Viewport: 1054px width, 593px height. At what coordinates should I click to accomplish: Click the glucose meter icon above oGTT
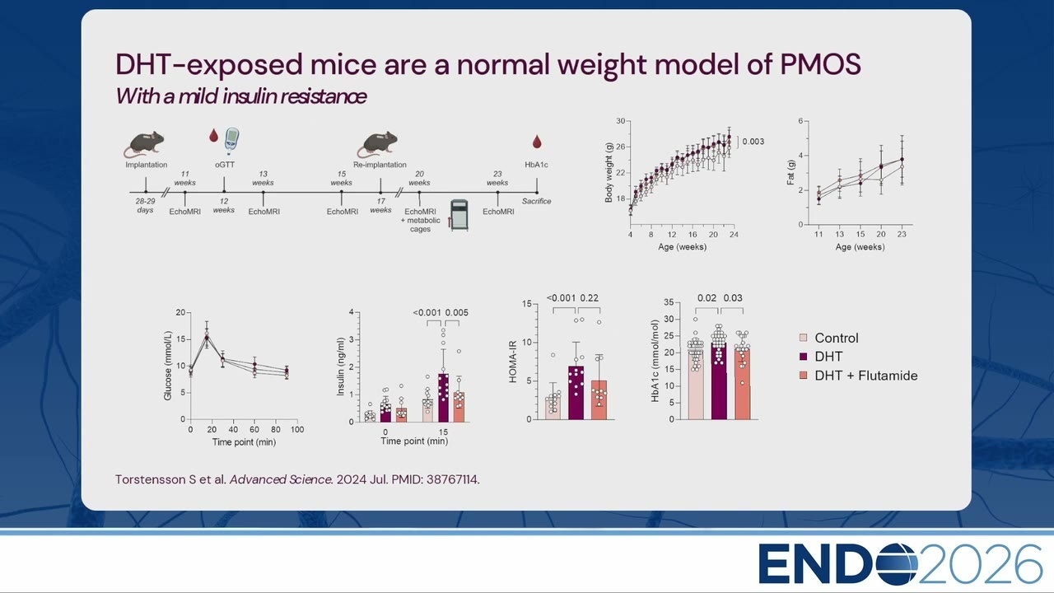click(231, 141)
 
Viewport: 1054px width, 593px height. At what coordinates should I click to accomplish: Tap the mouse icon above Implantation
click(144, 144)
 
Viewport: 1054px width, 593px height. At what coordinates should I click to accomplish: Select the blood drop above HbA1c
click(537, 142)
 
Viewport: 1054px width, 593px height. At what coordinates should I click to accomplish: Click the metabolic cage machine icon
click(459, 215)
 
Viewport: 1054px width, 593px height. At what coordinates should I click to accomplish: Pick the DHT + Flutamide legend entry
click(859, 376)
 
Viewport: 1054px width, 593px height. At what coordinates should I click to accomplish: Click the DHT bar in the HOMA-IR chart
click(576, 393)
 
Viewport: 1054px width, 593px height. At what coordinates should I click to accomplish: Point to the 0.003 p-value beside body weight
click(753, 142)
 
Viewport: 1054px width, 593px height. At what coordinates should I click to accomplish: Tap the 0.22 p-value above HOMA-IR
click(589, 298)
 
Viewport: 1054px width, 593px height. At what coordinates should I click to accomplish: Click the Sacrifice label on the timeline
click(536, 201)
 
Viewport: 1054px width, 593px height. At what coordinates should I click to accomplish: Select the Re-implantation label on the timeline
click(380, 165)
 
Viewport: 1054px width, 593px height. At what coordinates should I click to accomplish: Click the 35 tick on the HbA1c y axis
click(669, 302)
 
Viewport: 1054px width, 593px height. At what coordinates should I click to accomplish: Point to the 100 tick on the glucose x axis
click(297, 429)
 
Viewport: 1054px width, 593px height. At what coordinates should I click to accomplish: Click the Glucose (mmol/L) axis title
click(167, 366)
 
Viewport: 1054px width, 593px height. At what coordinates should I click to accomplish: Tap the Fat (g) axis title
click(790, 172)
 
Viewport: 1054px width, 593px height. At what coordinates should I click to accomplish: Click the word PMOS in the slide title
click(821, 64)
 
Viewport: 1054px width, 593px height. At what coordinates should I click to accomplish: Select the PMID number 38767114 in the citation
click(452, 479)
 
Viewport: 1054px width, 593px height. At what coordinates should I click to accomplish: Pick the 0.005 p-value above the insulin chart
click(456, 312)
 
